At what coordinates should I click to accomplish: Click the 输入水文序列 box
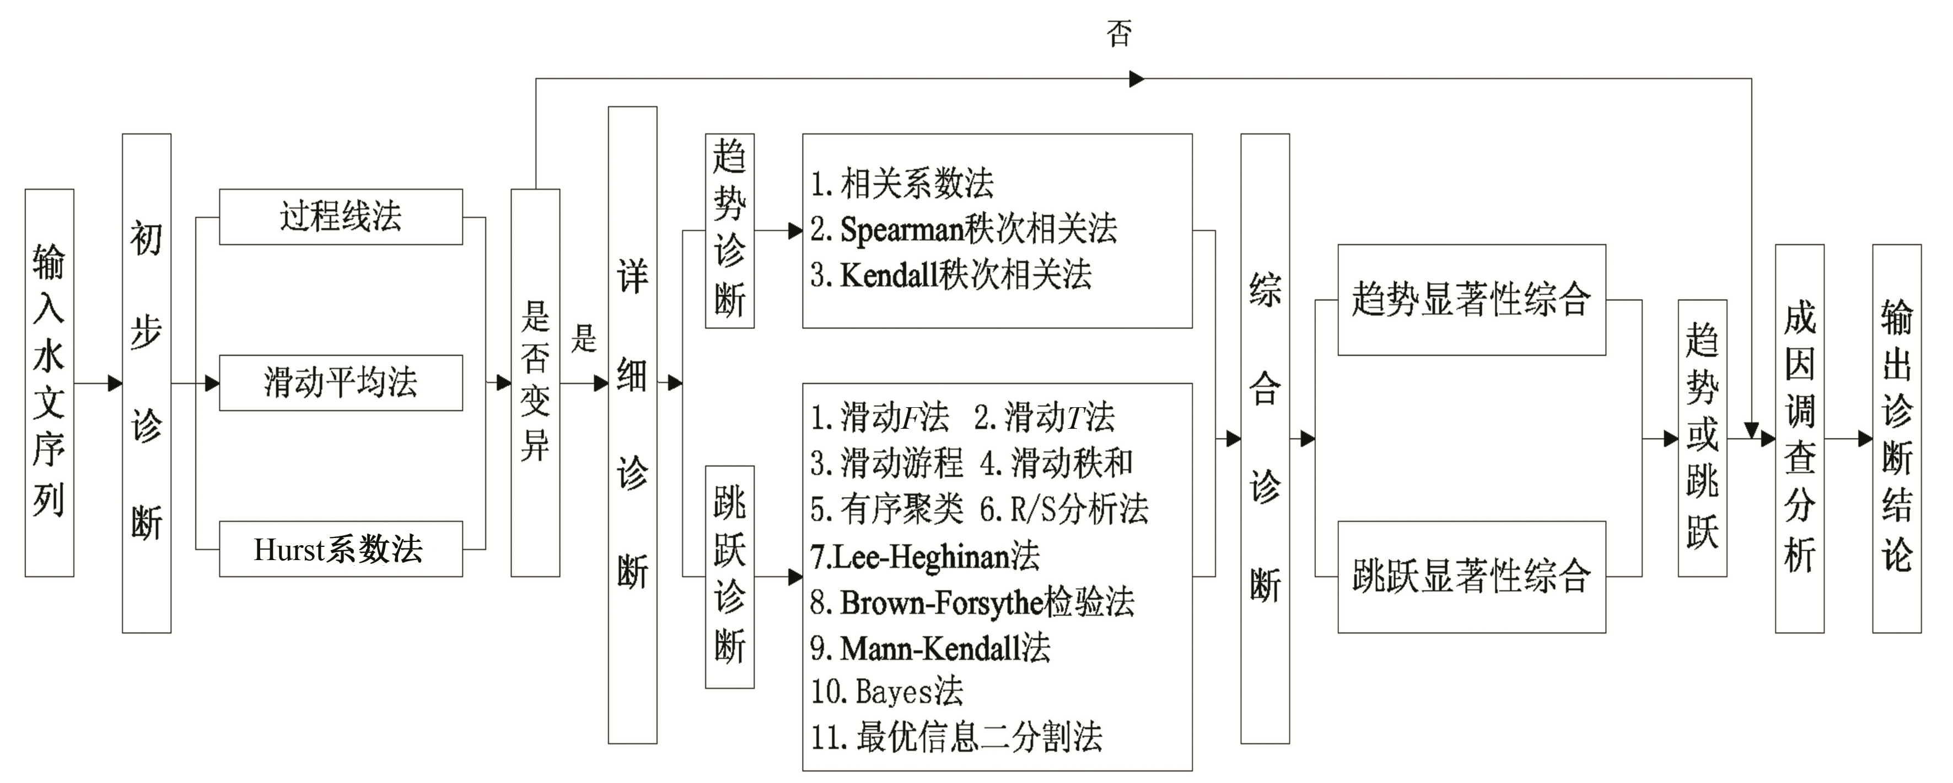pyautogui.click(x=49, y=382)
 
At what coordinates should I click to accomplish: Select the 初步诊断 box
pyautogui.click(x=146, y=382)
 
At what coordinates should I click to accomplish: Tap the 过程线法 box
pyautogui.click(x=341, y=217)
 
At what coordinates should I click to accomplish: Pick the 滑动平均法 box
pyautogui.click(x=341, y=382)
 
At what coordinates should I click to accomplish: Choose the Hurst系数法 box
pyautogui.click(x=341, y=548)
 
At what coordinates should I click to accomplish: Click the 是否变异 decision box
pyautogui.click(x=535, y=382)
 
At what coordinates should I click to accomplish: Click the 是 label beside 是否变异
pyautogui.click(x=584, y=338)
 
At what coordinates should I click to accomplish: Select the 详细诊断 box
pyautogui.click(x=632, y=425)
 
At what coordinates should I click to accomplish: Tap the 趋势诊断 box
pyautogui.click(x=729, y=231)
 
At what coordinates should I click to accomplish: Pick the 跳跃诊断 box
pyautogui.click(x=729, y=577)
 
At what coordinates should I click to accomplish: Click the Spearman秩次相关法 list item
pyautogui.click(x=963, y=229)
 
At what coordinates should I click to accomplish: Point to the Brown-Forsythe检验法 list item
pyautogui.click(x=972, y=603)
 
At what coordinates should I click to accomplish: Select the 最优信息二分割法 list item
pyautogui.click(x=957, y=737)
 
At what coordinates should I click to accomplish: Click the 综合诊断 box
pyautogui.click(x=1265, y=439)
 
